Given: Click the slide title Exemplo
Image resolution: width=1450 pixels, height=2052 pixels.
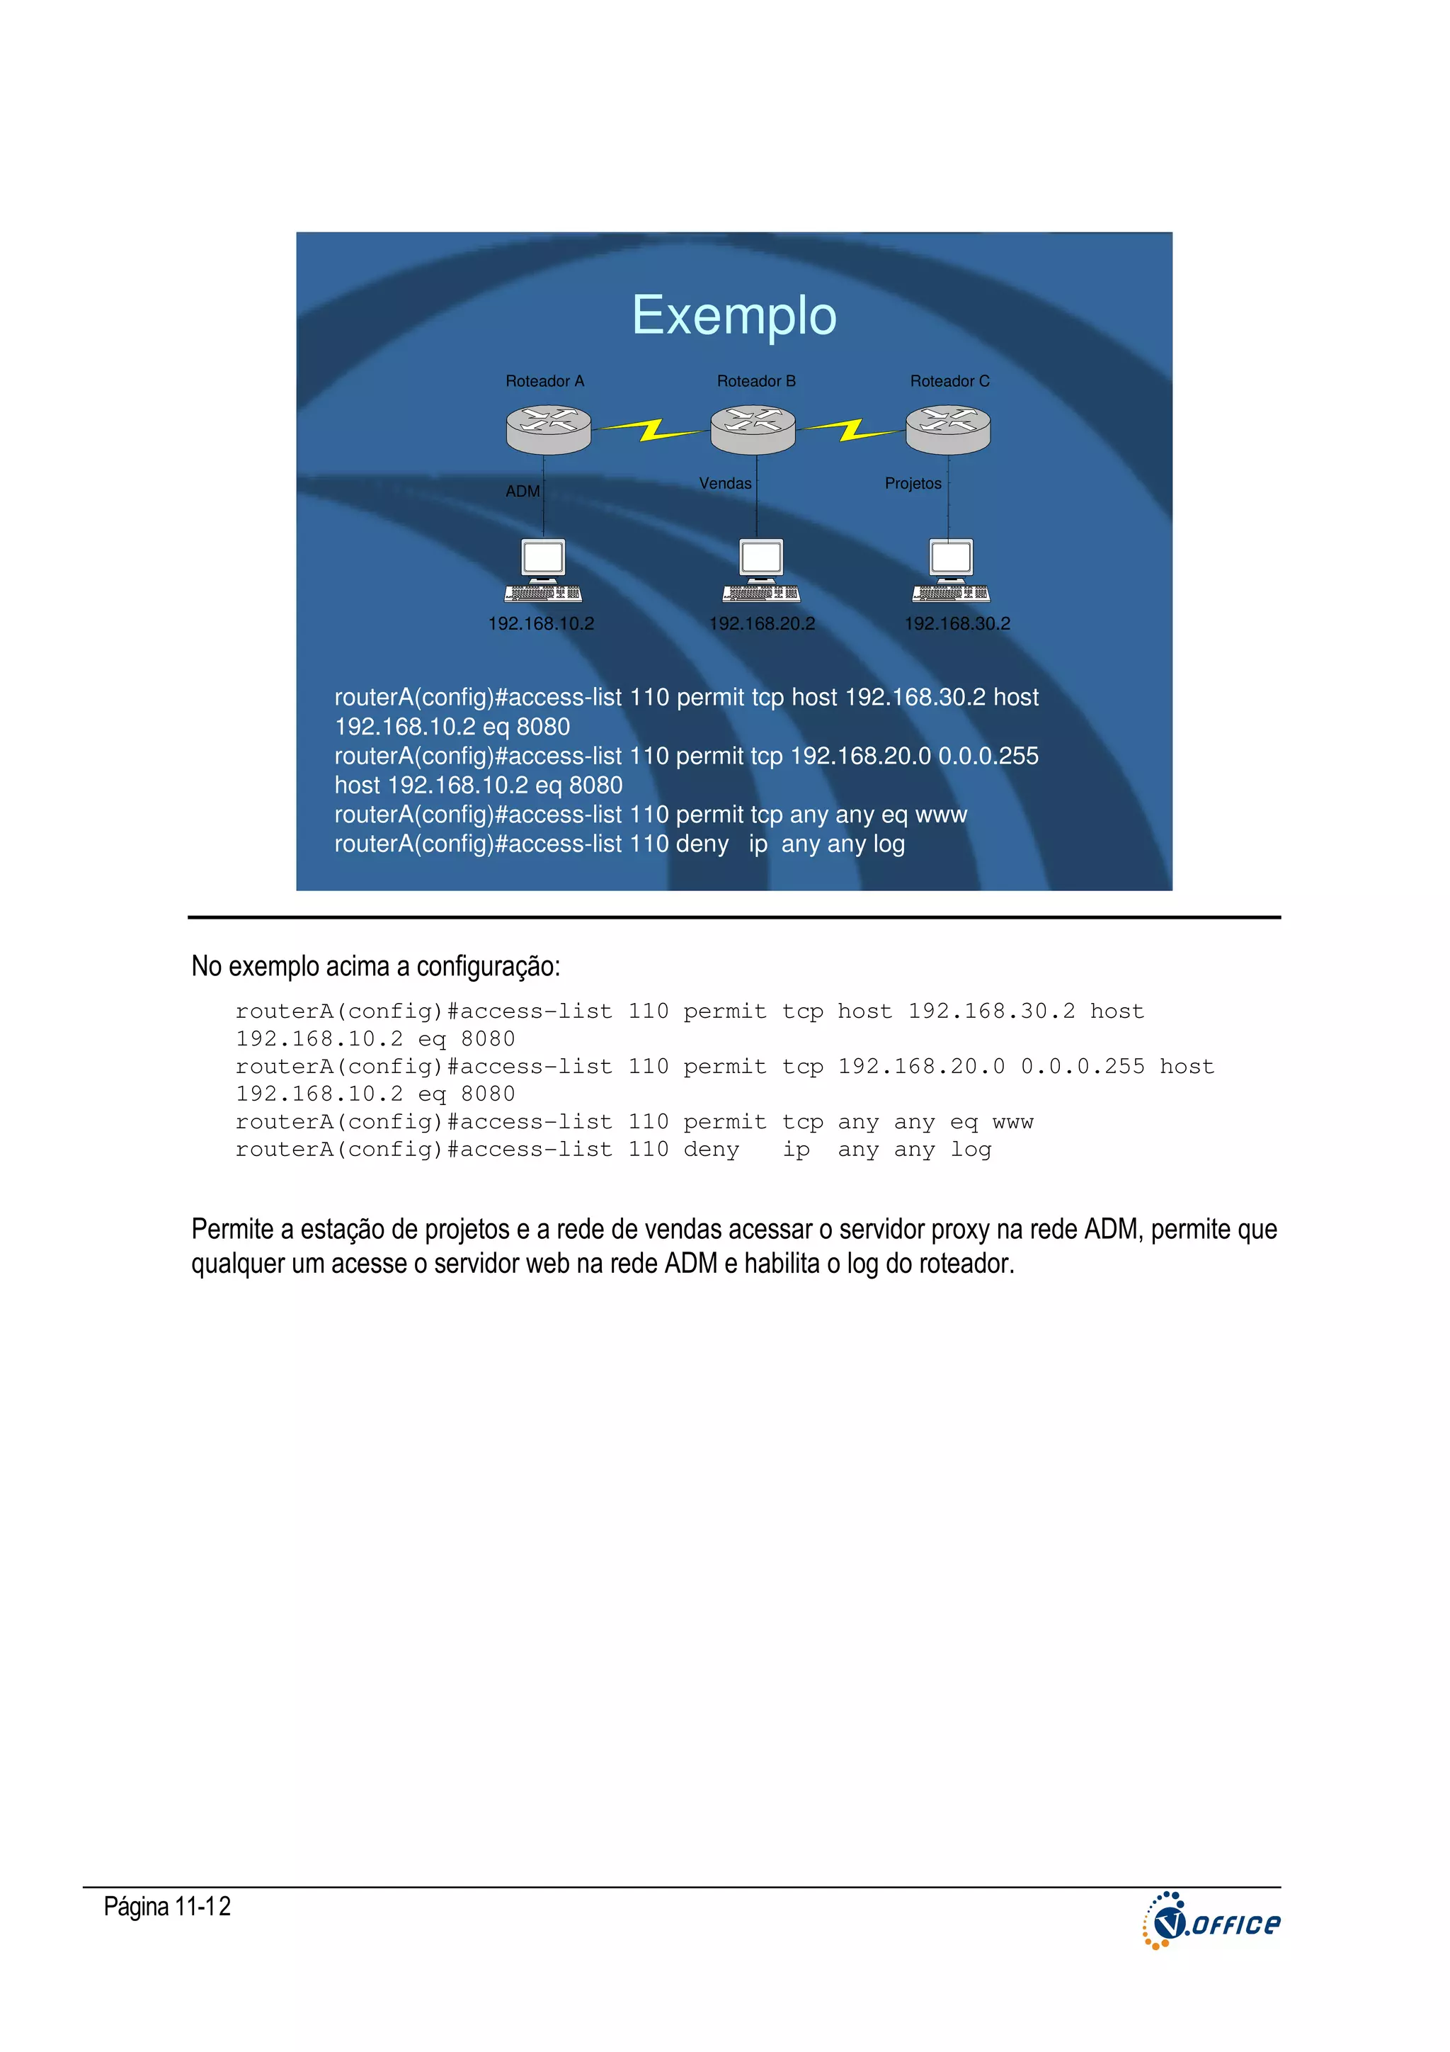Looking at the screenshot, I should click(x=733, y=315).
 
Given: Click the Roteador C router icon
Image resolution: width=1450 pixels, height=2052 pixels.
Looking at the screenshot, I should click(x=948, y=429).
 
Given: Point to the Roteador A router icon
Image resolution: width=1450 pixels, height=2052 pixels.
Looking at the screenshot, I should click(x=548, y=429).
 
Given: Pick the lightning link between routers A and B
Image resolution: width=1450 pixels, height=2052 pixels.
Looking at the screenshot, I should click(x=651, y=431).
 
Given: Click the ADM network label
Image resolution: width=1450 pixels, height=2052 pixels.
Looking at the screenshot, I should click(x=523, y=492).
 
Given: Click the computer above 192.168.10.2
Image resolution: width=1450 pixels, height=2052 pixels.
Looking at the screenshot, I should click(x=543, y=570).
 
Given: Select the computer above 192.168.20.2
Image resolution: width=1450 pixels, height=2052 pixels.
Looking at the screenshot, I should click(x=761, y=570).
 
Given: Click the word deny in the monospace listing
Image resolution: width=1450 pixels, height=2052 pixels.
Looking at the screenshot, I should click(x=711, y=1150).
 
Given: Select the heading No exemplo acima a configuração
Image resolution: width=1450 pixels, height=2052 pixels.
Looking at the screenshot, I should click(x=375, y=966).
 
